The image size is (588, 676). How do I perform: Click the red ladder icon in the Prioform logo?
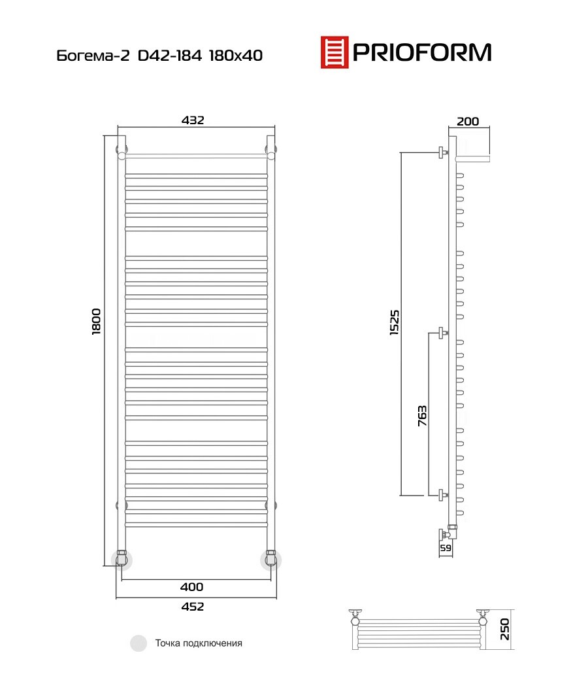[x=335, y=52]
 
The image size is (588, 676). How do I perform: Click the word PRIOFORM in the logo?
[x=422, y=52]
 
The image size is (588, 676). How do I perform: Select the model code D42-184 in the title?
[x=170, y=56]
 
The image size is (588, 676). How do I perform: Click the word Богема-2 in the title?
[x=93, y=56]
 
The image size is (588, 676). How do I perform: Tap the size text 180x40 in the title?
[x=236, y=56]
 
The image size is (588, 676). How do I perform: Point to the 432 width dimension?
[x=193, y=120]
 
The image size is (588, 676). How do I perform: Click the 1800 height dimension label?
[x=96, y=321]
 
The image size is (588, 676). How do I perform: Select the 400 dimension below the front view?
[x=191, y=586]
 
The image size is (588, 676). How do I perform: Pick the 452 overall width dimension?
[x=193, y=607]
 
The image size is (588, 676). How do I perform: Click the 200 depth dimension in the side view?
[x=468, y=121]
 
